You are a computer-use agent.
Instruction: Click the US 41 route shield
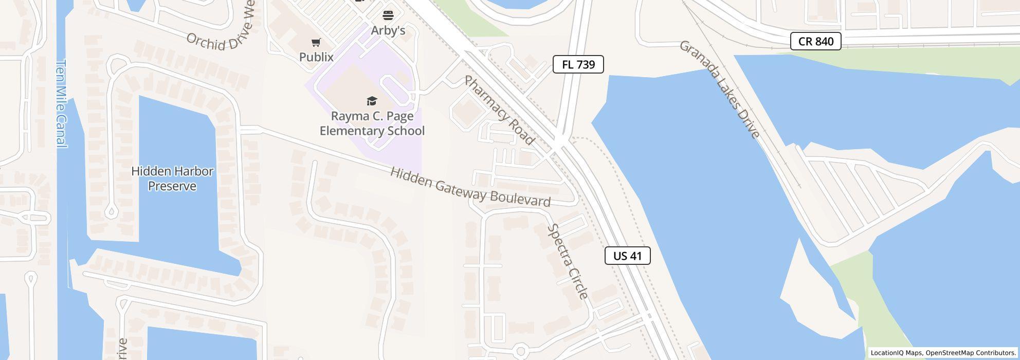pos(627,256)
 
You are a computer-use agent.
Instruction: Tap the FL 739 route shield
pos(578,64)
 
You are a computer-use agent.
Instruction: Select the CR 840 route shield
pos(815,41)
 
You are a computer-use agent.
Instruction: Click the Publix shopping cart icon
pos(316,43)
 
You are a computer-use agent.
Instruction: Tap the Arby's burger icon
pos(388,15)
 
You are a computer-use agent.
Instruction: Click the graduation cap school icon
pos(372,101)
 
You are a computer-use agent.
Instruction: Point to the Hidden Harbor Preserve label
pos(172,178)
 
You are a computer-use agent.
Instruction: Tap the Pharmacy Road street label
pos(500,110)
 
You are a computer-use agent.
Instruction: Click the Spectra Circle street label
pos(568,261)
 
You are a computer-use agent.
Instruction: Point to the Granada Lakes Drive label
pos(719,89)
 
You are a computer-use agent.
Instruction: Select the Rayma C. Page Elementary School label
pos(372,123)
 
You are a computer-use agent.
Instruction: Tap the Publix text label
pos(316,57)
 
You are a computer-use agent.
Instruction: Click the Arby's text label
pos(388,31)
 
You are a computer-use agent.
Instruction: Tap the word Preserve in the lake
pos(172,186)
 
